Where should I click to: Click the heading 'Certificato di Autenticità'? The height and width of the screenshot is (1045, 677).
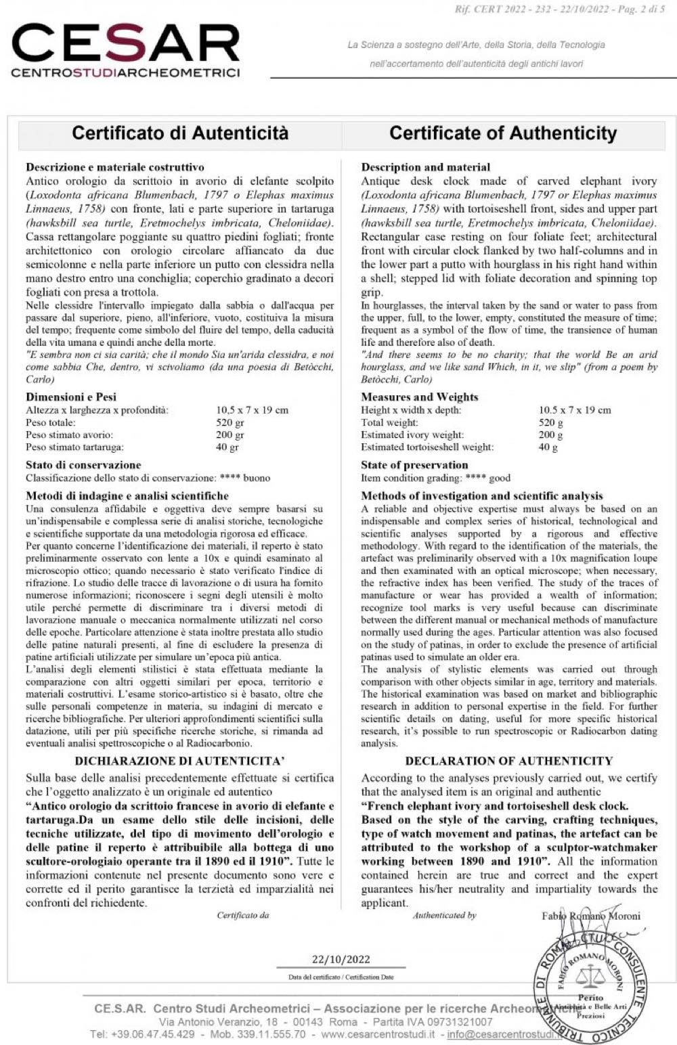[180, 133]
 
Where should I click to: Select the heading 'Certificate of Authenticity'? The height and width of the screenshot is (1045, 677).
[503, 133]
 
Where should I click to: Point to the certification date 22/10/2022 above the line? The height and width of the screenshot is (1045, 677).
[341, 958]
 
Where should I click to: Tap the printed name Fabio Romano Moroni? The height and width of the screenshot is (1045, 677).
[590, 916]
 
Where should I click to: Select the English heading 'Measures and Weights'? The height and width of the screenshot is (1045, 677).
[419, 397]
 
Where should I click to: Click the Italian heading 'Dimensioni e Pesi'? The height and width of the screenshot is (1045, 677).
[71, 397]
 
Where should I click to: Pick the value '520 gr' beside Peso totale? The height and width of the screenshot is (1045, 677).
[230, 422]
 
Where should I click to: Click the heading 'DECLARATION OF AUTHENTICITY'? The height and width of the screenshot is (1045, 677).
[508, 761]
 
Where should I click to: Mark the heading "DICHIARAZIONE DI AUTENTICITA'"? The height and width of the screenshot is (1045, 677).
[180, 761]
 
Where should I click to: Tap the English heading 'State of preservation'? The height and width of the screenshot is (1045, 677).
[414, 465]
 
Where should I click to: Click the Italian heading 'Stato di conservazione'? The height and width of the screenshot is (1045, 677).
[83, 465]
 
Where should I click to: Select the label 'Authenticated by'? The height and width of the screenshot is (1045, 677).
[445, 915]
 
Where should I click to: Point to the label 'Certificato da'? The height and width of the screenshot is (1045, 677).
[243, 915]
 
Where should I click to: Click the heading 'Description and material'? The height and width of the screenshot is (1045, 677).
[426, 166]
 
